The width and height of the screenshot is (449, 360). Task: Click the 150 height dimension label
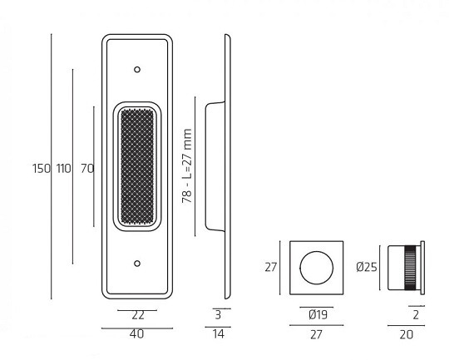click(x=42, y=169)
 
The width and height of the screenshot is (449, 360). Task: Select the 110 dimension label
click(x=63, y=169)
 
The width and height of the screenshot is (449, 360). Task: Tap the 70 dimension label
click(x=87, y=169)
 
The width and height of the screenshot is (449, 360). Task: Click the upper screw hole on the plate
click(x=137, y=70)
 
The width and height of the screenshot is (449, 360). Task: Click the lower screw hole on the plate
click(x=137, y=264)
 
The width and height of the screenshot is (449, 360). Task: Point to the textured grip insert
click(x=137, y=166)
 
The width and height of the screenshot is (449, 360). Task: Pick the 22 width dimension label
click(x=138, y=316)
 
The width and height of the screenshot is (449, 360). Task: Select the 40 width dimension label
click(x=137, y=334)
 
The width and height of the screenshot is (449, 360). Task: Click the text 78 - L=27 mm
click(x=187, y=166)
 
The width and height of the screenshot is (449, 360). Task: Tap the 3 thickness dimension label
click(x=218, y=315)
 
